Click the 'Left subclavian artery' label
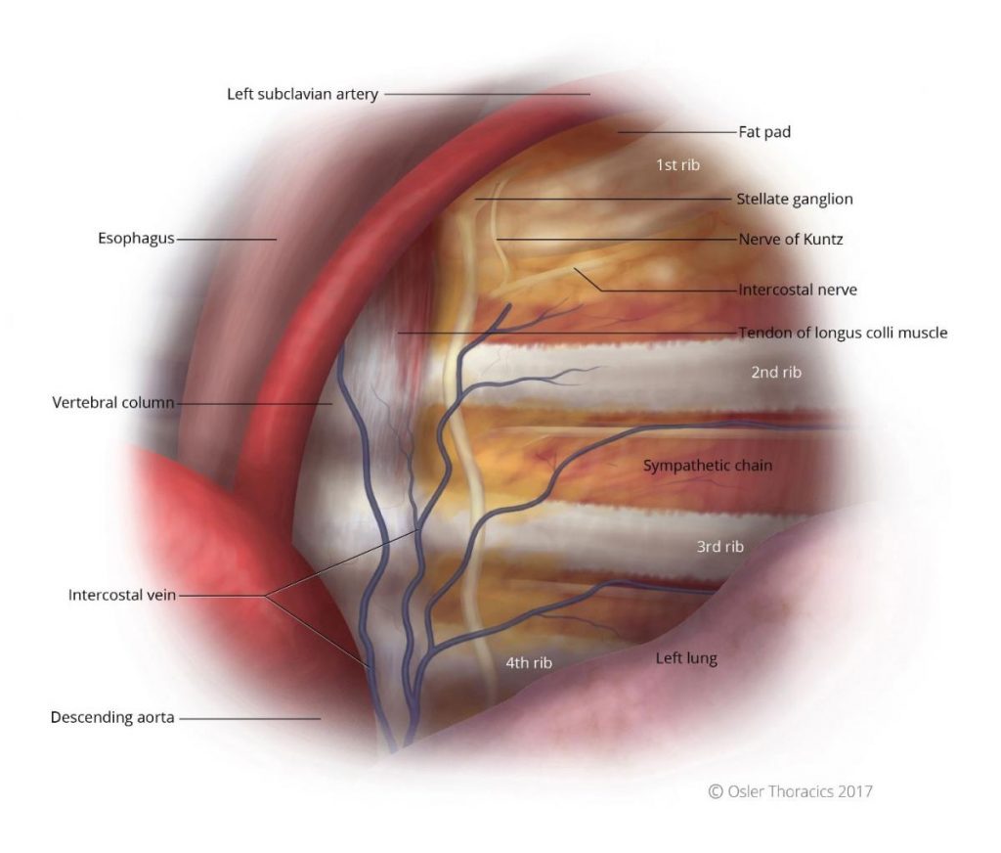(303, 94)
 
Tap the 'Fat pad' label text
(764, 132)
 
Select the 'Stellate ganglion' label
(794, 199)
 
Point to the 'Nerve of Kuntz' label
(790, 239)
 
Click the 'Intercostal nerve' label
(798, 290)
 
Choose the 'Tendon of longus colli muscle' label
(843, 333)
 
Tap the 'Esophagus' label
(136, 239)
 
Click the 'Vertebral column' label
(113, 403)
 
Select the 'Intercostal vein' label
(122, 595)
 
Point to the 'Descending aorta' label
(112, 718)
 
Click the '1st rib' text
(678, 165)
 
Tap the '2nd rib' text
(775, 372)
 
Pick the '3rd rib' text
(720, 546)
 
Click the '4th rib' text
(529, 662)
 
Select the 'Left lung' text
(686, 658)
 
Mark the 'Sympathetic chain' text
(708, 466)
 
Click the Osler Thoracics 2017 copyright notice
(790, 791)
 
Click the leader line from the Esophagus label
(227, 240)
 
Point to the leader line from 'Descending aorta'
(249, 718)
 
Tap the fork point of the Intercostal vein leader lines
(265, 596)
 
